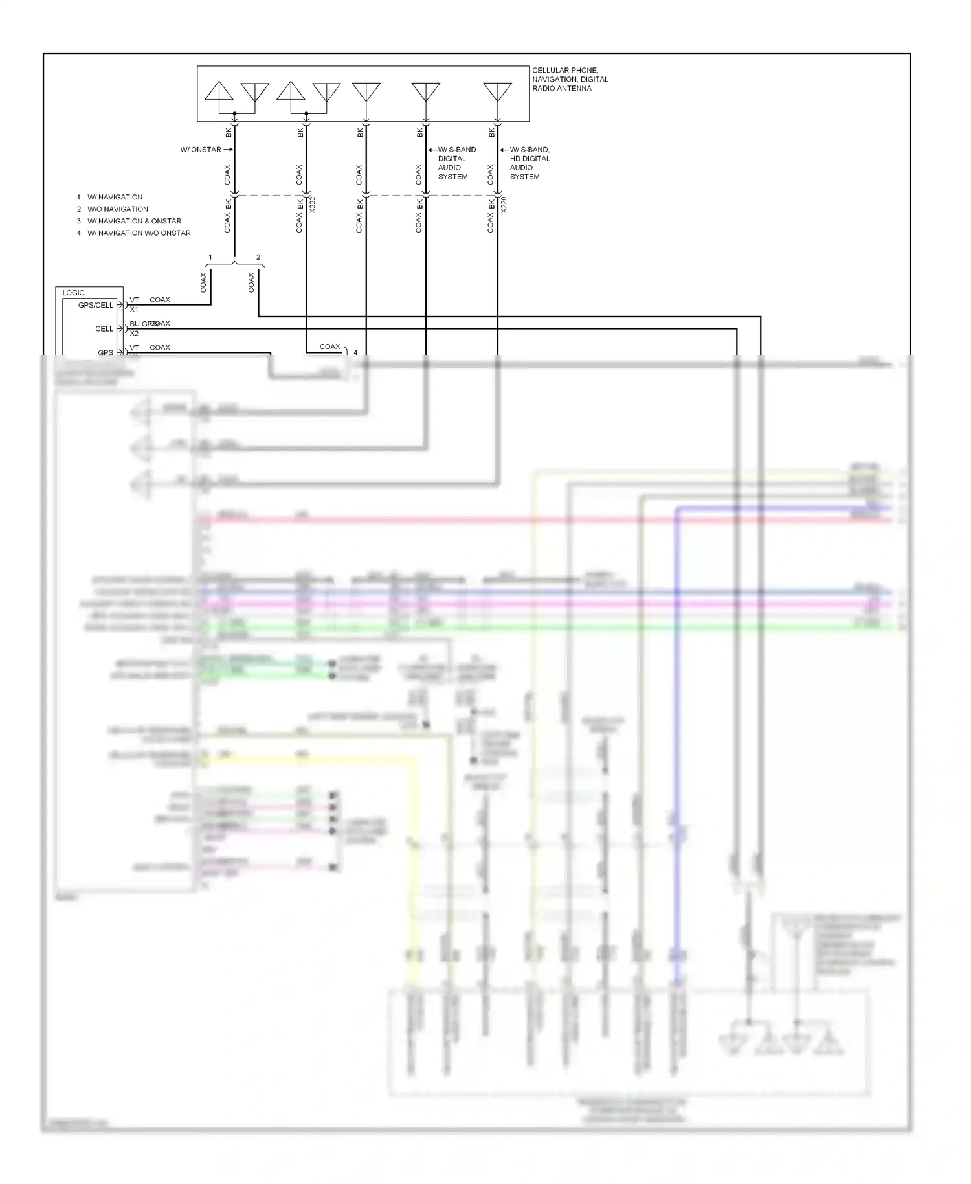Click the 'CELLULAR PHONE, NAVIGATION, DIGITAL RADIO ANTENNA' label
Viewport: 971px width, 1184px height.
pos(570,79)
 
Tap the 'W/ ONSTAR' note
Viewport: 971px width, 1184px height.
pos(201,150)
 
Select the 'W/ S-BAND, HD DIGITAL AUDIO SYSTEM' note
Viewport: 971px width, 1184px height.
pos(530,163)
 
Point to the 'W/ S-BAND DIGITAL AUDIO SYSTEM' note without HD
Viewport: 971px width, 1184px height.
pos(456,163)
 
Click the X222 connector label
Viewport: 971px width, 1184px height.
pos(313,205)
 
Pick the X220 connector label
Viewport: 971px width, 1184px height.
pos(504,205)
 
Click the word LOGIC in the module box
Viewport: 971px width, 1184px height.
pos(73,293)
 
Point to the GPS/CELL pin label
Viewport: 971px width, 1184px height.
pos(96,305)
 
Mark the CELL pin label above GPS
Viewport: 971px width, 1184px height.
pos(104,329)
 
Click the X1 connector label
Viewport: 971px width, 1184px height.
pos(134,310)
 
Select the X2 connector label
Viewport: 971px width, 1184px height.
pos(134,334)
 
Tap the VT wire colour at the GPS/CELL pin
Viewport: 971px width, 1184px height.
pos(134,300)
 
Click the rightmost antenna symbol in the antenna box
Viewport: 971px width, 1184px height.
pos(497,92)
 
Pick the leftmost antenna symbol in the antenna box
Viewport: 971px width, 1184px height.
pos(219,91)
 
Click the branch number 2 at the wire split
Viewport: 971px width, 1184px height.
pos(258,257)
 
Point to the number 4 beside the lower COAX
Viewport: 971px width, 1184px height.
pos(355,352)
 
